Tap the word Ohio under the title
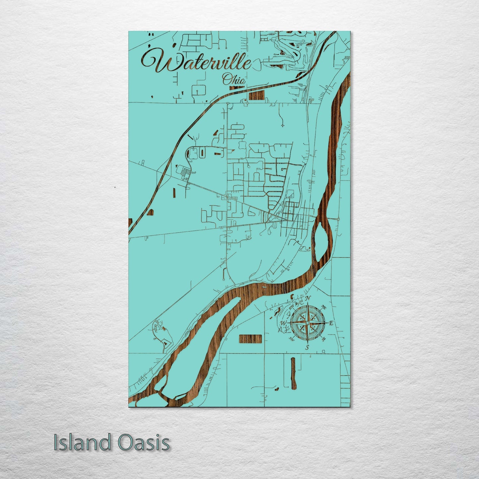[234, 80]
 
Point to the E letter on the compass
[331, 323]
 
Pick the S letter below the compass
[307, 347]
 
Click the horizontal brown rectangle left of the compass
[250, 338]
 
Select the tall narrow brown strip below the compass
[293, 373]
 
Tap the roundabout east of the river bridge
[338, 219]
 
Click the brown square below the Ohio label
[256, 95]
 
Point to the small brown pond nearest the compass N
[293, 296]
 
